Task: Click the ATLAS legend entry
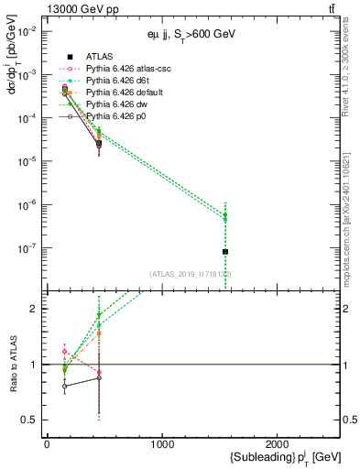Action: (100, 56)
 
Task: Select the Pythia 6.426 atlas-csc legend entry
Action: (122, 69)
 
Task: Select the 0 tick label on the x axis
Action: (47, 445)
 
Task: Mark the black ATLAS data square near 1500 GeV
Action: (225, 251)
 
